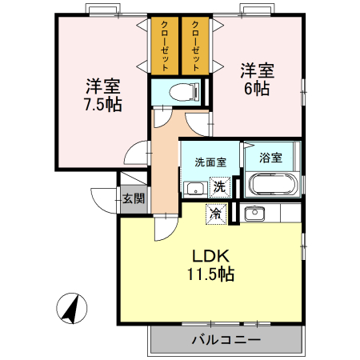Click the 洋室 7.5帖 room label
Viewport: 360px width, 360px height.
click(102, 94)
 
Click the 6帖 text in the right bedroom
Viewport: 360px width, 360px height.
click(256, 88)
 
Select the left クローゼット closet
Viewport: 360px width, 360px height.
click(164, 46)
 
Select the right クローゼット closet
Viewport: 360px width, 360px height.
click(195, 46)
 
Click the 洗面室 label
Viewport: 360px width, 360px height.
click(210, 161)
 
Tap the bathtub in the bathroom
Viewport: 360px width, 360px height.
click(273, 185)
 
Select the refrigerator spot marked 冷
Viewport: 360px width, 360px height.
click(214, 213)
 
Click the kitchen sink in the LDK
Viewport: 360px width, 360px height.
click(254, 214)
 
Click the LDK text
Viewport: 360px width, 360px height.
click(211, 255)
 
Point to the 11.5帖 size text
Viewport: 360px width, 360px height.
click(211, 274)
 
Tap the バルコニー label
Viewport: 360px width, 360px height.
click(226, 340)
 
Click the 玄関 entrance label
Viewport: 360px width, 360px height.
click(132, 198)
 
